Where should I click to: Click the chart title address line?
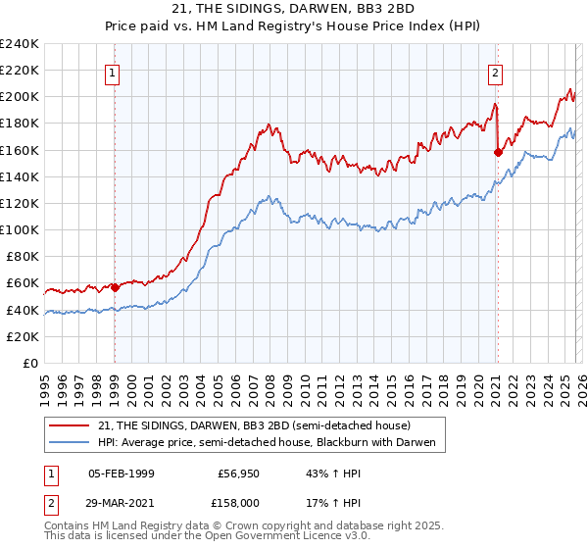coord(293,9)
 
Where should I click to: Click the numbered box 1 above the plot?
coord(114,73)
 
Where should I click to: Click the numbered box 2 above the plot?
coord(497,73)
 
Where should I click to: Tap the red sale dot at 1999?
coord(115,287)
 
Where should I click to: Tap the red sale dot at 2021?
coord(498,152)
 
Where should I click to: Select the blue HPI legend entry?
coord(271,443)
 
